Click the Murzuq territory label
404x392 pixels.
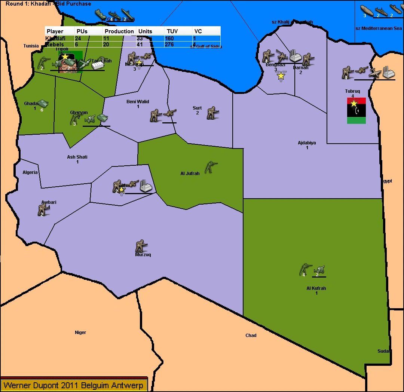(x=143, y=255)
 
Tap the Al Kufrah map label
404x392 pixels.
(x=316, y=288)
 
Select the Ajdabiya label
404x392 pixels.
(x=307, y=143)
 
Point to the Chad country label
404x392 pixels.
(x=251, y=336)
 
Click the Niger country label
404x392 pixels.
(x=80, y=333)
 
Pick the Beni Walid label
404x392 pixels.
(x=138, y=102)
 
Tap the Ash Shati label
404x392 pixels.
(x=77, y=157)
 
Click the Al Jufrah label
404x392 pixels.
(x=190, y=174)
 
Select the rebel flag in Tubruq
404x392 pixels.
(x=356, y=111)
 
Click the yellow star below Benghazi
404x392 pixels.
(x=281, y=76)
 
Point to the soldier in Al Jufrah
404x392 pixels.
(x=211, y=167)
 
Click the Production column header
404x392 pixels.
(x=119, y=31)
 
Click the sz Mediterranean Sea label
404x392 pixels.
(x=378, y=28)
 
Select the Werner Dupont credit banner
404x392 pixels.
(x=73, y=385)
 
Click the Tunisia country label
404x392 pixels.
(x=31, y=46)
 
